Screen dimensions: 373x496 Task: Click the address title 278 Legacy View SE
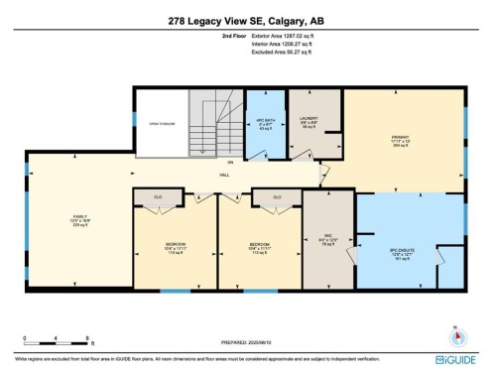coord(247,20)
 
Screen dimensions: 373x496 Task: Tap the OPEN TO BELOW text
coord(161,124)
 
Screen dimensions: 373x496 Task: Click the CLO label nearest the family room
coord(158,197)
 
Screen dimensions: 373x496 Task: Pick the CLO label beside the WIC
coord(277,197)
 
